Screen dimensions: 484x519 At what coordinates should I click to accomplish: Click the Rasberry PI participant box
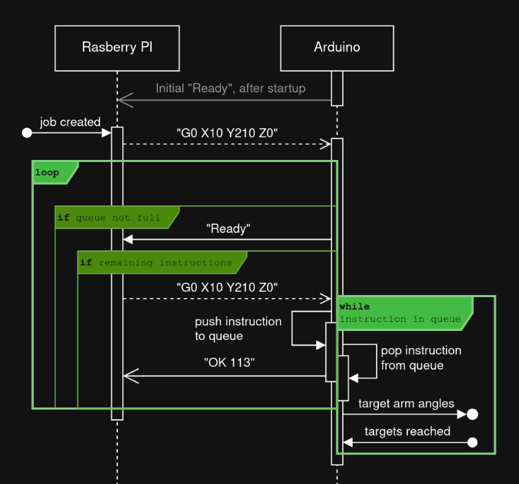(x=117, y=48)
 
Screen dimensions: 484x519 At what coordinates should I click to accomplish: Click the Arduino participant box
(x=337, y=48)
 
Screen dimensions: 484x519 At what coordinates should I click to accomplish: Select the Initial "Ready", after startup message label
(x=231, y=88)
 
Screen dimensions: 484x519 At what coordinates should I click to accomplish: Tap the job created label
(x=70, y=122)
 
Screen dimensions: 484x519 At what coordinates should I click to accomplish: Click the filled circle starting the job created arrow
(x=27, y=132)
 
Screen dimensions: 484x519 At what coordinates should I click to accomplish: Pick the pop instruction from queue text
(x=421, y=358)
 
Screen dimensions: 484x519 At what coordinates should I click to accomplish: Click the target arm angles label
(x=407, y=403)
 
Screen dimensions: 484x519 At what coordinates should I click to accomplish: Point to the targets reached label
(x=407, y=432)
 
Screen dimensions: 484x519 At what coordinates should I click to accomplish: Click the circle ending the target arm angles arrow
(x=472, y=414)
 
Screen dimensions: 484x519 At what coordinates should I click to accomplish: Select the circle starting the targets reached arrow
(x=472, y=443)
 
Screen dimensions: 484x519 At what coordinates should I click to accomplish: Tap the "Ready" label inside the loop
(x=228, y=228)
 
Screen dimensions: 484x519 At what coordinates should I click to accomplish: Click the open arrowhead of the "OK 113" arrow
(x=130, y=376)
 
